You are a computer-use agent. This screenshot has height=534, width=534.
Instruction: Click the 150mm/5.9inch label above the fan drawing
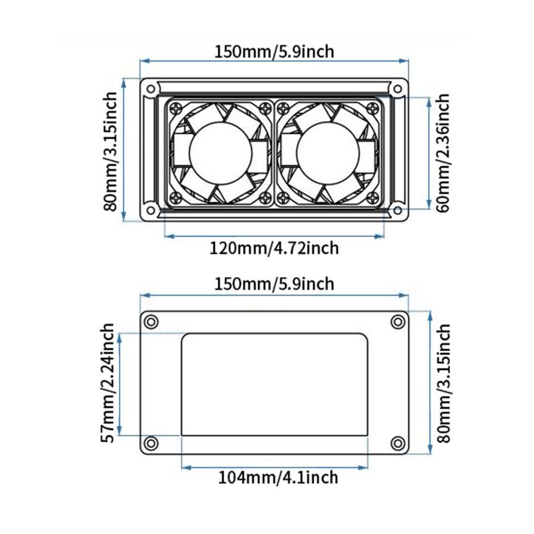[x=274, y=51]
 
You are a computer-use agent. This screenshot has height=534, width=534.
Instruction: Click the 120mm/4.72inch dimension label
[x=274, y=248]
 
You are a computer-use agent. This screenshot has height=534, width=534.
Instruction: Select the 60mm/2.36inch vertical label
[x=441, y=153]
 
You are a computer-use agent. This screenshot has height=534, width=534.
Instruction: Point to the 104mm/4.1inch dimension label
[x=274, y=477]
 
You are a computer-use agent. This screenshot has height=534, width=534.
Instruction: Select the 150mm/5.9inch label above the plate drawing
[x=274, y=284]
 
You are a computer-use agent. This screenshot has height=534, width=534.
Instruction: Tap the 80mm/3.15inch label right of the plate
[x=443, y=383]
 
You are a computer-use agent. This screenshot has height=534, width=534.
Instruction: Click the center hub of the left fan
[x=220, y=153]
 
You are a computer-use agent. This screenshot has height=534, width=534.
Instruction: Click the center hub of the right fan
[x=330, y=153]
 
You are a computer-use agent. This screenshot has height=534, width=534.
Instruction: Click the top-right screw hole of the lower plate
[x=398, y=321]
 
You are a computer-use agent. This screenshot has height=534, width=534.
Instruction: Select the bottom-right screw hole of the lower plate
[x=398, y=443]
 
